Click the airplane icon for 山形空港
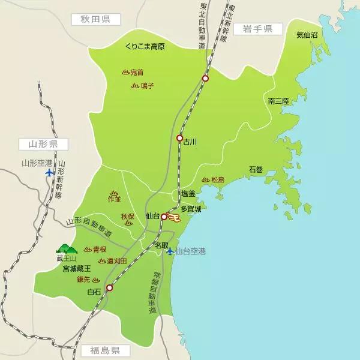50,173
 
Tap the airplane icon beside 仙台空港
170,251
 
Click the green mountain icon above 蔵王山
67,248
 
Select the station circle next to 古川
179,138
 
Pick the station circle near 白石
109,288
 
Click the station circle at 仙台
164,217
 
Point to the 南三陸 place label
278,101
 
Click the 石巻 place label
256,170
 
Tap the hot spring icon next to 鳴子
135,86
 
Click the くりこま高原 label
145,46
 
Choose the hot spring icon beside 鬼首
125,72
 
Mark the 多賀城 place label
190,210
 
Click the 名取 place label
162,246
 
